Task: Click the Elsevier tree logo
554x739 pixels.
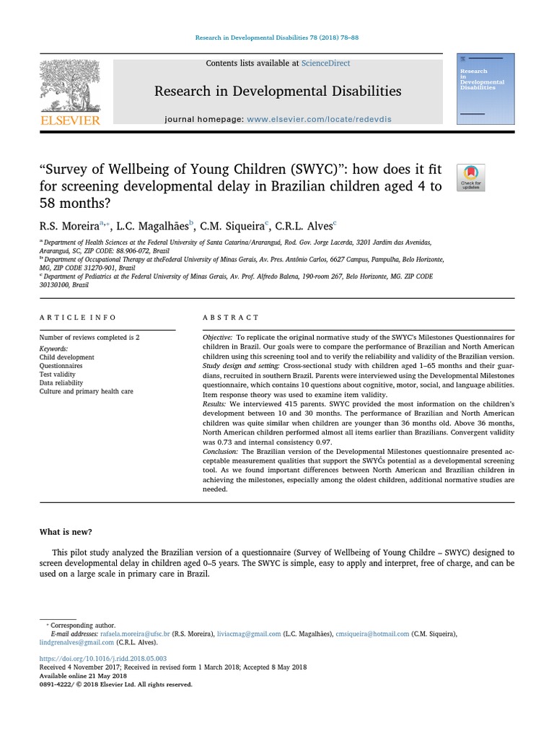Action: (70, 84)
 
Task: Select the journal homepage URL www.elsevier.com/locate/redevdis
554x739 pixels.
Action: (319, 119)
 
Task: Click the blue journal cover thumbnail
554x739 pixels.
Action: (485, 89)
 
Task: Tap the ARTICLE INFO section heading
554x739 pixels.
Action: (77, 318)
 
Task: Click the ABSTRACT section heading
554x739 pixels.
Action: (231, 318)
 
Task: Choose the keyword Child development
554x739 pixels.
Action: (66, 357)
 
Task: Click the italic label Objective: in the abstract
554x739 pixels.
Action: (217, 338)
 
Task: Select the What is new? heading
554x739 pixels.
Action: (66, 532)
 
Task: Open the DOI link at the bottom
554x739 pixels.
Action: (102, 659)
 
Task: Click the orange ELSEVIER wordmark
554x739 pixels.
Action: (70, 121)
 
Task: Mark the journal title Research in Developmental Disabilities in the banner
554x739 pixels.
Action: (277, 91)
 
